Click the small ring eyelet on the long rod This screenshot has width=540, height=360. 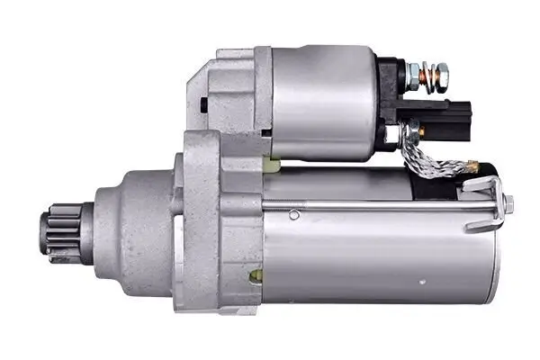[x=293, y=214]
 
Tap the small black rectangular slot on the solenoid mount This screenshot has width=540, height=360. [x=203, y=103]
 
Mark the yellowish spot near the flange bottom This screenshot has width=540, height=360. [x=256, y=275]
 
